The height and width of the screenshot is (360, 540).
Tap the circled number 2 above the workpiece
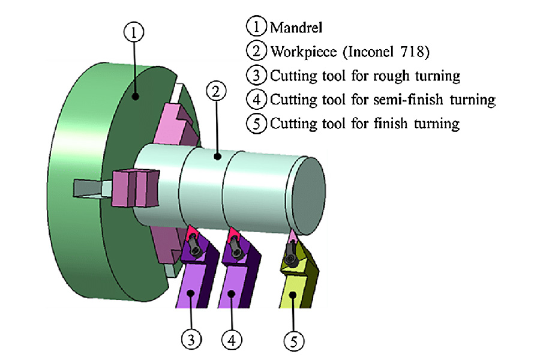coord(215,92)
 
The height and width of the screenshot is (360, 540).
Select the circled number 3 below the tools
coord(191,340)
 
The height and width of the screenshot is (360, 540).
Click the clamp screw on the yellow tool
coord(292,258)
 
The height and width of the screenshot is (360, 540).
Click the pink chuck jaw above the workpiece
coord(176,123)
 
